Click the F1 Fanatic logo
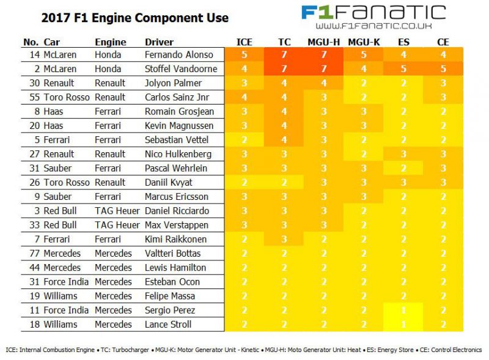373,12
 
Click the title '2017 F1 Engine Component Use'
134,18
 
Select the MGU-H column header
324,42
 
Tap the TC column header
284,42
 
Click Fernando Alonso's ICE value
244,54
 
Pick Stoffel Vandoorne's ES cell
403,68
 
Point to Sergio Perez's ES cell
403,310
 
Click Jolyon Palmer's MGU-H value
324,83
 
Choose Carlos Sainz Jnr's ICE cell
244,97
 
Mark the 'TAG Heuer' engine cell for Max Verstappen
117,225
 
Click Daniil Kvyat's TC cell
284,182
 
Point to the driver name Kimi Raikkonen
175,239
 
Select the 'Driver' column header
159,42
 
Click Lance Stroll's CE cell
443,325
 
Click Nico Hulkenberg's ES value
403,154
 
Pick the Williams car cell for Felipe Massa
61,296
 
